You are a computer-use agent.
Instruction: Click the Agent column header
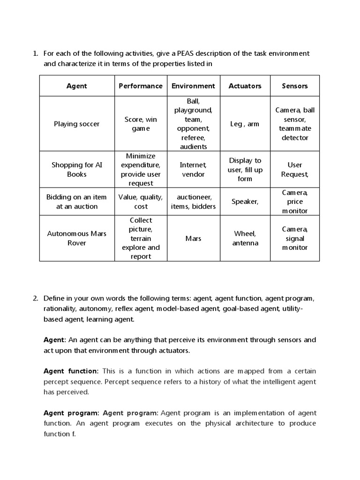click(x=77, y=86)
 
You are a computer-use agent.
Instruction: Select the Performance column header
click(x=141, y=86)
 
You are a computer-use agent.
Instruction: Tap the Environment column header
click(x=193, y=86)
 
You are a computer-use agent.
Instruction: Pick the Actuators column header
click(x=245, y=86)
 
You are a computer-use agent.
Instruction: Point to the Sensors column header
click(x=295, y=86)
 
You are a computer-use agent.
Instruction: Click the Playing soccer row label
click(x=77, y=124)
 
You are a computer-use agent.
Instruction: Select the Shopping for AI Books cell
click(x=77, y=169)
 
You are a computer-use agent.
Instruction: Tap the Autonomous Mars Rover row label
click(x=77, y=238)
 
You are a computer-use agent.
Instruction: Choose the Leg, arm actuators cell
click(x=245, y=124)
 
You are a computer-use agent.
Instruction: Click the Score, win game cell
click(x=141, y=124)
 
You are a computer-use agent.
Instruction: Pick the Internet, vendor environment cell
click(x=193, y=169)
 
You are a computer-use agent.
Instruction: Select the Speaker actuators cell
click(x=245, y=202)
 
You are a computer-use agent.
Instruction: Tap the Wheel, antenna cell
click(x=245, y=238)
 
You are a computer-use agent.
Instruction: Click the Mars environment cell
click(x=193, y=238)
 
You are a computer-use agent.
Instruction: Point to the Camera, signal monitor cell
click(x=295, y=238)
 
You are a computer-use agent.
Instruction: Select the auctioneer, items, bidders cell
click(x=193, y=202)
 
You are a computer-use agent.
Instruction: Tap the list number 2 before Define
click(x=36, y=298)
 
